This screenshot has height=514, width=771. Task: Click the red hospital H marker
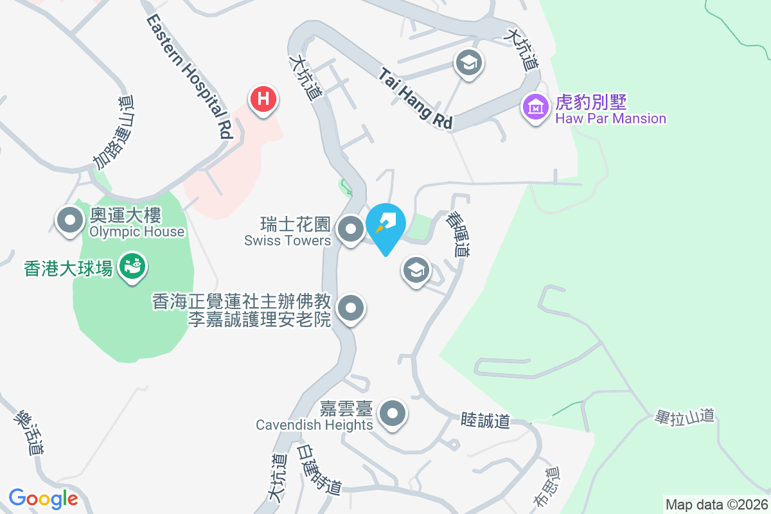click(263, 100)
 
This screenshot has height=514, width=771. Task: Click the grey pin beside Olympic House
click(71, 221)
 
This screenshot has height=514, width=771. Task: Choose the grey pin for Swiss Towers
click(350, 229)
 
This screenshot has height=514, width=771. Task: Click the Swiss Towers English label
click(287, 240)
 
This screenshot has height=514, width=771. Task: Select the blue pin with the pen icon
click(385, 226)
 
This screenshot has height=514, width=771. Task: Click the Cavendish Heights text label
click(314, 425)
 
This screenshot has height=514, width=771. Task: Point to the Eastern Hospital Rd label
click(190, 76)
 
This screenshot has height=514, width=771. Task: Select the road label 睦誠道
click(485, 421)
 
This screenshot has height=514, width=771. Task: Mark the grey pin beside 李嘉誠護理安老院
click(350, 309)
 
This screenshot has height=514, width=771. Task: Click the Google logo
click(43, 498)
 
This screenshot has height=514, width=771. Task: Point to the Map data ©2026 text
click(716, 504)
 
